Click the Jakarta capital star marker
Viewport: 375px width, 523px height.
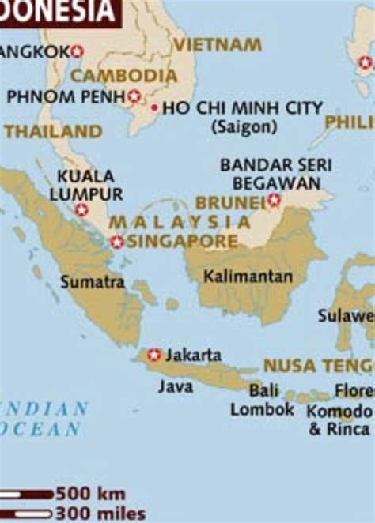[154, 355]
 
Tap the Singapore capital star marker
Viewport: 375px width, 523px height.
[117, 242]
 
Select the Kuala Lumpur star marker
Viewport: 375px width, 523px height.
[81, 210]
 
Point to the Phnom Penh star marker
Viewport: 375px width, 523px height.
[134, 96]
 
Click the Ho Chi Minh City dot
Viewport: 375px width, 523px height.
[154, 107]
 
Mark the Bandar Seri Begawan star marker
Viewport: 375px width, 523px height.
[275, 201]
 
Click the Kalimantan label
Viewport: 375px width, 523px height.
[248, 277]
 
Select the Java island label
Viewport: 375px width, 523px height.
[176, 386]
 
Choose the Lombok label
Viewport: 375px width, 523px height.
[262, 409]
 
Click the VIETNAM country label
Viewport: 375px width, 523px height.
[218, 45]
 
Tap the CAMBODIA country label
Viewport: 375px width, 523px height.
[124, 76]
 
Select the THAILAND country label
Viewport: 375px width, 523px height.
[53, 132]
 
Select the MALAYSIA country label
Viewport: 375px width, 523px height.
[180, 222]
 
